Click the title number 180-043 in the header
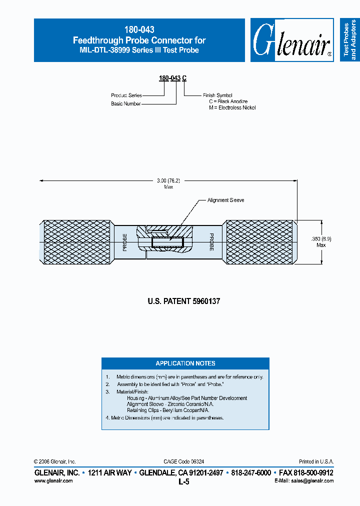point(139,30)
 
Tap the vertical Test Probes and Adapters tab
point(350,40)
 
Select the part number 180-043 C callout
point(173,78)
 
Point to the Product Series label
point(126,95)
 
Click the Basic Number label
point(125,103)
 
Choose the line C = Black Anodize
point(228,101)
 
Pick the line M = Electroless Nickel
point(232,107)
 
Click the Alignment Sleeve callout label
point(226,200)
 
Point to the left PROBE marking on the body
point(124,241)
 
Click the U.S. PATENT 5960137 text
point(184,301)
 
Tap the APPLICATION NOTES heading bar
point(185,363)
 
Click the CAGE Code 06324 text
point(183,461)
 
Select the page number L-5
point(183,482)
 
